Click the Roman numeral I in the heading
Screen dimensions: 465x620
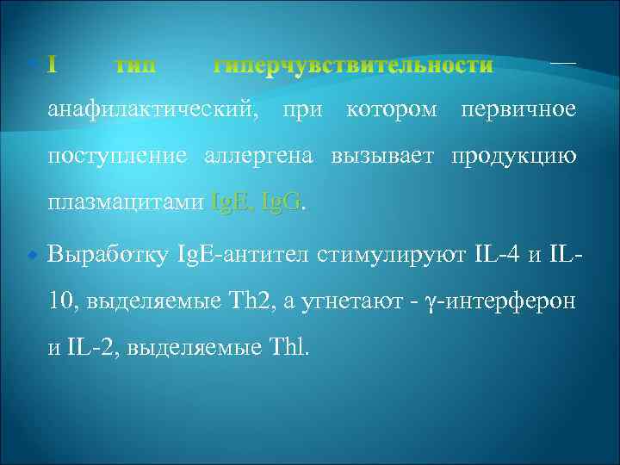(53, 65)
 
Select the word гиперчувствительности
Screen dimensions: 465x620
(353, 65)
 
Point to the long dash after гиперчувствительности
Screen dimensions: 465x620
(562, 63)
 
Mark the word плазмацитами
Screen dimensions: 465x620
(126, 203)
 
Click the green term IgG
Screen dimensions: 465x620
(280, 203)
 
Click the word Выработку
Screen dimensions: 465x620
(108, 256)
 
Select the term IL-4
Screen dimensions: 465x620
(497, 256)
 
